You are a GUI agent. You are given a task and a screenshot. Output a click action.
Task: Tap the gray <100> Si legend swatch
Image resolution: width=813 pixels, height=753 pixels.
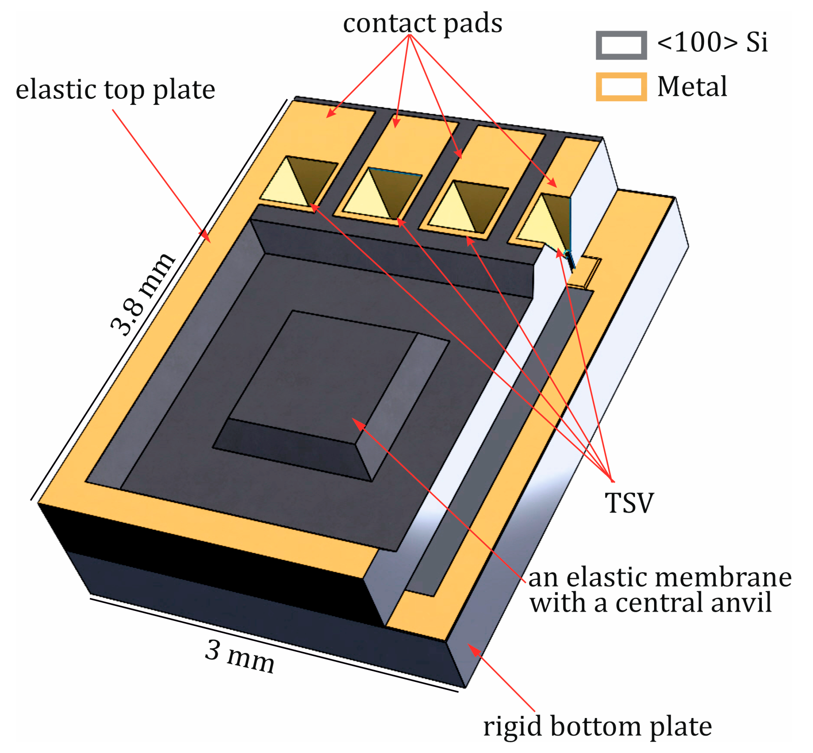point(621,45)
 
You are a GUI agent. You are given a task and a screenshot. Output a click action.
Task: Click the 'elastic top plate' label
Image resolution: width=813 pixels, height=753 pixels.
point(115,90)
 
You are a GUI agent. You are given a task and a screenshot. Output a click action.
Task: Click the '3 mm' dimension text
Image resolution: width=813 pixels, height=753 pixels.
point(240,657)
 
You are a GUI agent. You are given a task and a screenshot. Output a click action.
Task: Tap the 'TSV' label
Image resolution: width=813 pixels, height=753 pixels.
point(629,503)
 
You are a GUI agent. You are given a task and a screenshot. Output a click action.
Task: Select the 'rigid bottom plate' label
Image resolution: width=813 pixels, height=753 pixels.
point(597,726)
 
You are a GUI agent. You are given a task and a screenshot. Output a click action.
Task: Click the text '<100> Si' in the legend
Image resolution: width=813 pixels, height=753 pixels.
point(712,42)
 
